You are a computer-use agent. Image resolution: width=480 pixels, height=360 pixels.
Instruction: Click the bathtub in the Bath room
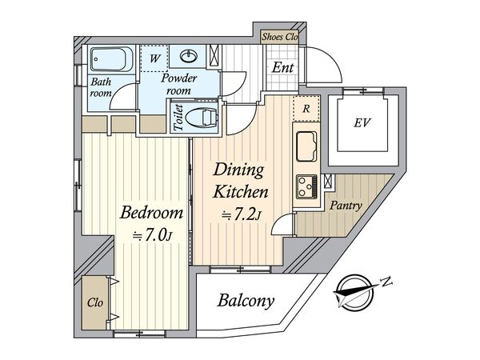pyautogui.click(x=111, y=59)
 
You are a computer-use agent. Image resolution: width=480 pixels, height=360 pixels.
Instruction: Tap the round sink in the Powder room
pyautogui.click(x=189, y=56)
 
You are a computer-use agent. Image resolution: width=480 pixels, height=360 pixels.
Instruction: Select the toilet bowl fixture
pyautogui.click(x=201, y=118)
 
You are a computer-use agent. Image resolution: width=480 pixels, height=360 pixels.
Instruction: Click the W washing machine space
pyautogui.click(x=154, y=58)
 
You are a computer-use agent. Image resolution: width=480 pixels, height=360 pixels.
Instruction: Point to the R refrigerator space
pyautogui.click(x=306, y=109)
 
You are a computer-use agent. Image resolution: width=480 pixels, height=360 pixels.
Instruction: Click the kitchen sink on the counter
pyautogui.click(x=306, y=146)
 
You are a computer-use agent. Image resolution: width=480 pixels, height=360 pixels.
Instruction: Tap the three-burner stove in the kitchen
pyautogui.click(x=306, y=186)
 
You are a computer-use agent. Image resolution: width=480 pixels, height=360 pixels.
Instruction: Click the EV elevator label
pyautogui.click(x=362, y=123)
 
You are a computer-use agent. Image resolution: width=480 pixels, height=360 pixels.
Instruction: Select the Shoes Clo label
pyautogui.click(x=280, y=37)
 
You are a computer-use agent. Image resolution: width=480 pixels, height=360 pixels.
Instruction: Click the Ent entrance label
pyautogui.click(x=282, y=67)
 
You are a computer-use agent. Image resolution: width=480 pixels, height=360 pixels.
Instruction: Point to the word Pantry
pyautogui.click(x=346, y=205)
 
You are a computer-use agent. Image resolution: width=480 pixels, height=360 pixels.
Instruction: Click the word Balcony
pyautogui.click(x=246, y=301)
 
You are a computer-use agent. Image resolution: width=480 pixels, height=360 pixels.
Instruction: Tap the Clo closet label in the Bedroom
pyautogui.click(x=95, y=302)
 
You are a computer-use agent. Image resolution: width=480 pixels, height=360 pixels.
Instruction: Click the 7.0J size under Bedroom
pyautogui.click(x=152, y=236)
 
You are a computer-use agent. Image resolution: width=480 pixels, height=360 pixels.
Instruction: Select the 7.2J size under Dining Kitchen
pyautogui.click(x=242, y=216)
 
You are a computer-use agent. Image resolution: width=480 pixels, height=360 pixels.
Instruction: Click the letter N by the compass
pyautogui.click(x=387, y=281)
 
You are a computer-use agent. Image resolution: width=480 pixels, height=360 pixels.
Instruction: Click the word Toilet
pyautogui.click(x=178, y=118)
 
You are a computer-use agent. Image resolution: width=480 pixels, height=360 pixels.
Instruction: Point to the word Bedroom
pyautogui.click(x=151, y=213)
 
